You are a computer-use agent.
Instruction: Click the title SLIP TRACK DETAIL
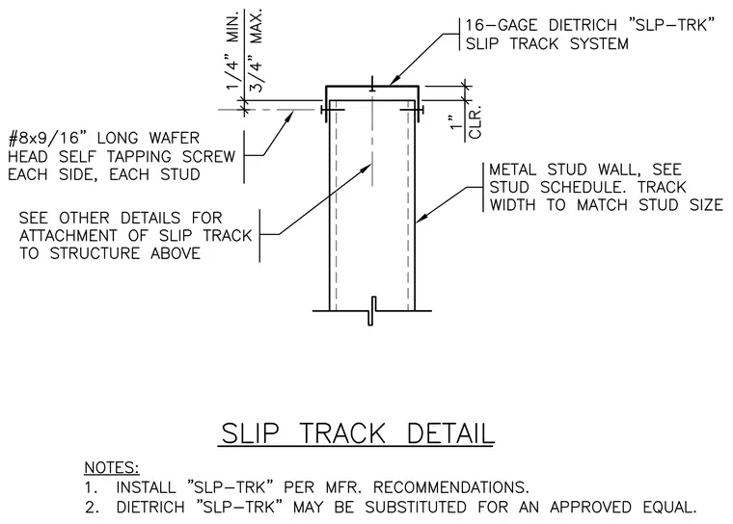click(357, 432)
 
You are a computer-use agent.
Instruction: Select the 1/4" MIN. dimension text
click(232, 51)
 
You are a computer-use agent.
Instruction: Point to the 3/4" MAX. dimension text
click(256, 50)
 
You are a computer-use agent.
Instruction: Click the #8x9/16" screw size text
click(48, 139)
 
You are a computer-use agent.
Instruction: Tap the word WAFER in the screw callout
click(174, 139)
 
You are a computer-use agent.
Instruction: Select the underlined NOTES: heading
click(112, 467)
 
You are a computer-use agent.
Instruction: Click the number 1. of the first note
click(91, 487)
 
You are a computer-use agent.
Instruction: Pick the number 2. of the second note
click(92, 508)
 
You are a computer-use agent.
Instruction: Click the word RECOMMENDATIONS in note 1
click(450, 487)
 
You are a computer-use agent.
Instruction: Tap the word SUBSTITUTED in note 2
click(416, 508)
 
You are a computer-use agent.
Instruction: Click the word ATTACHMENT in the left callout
click(68, 236)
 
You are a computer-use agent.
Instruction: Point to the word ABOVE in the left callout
click(176, 253)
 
